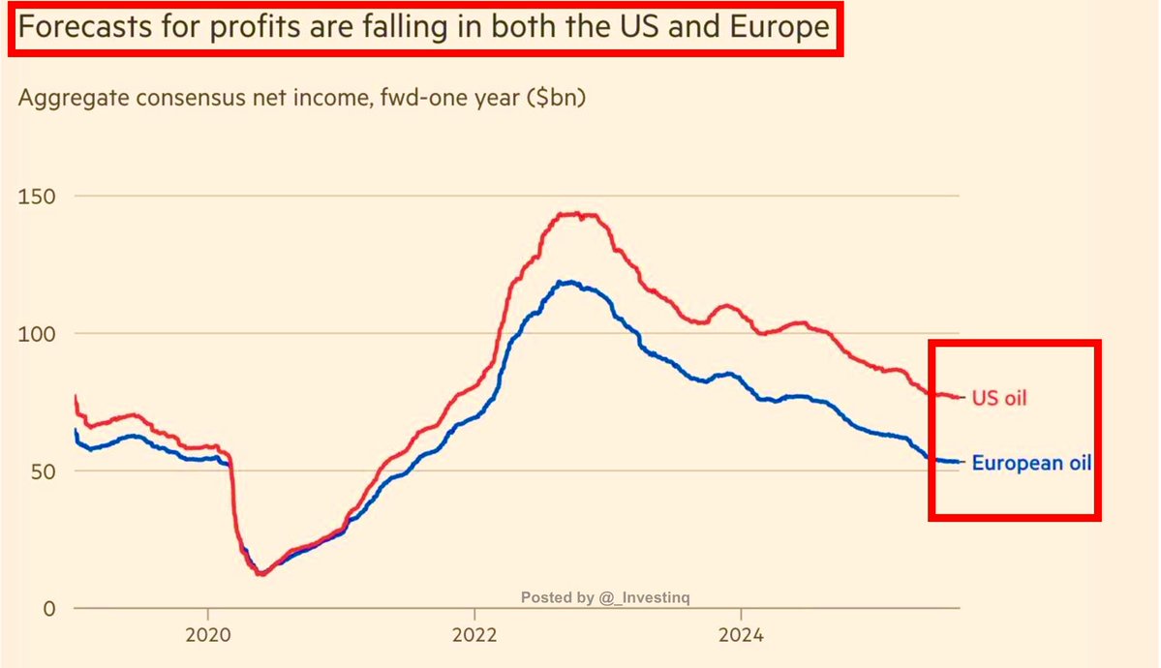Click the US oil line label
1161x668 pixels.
[999, 397]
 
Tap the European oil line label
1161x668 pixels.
[1031, 463]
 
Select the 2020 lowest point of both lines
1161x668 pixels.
[260, 573]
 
